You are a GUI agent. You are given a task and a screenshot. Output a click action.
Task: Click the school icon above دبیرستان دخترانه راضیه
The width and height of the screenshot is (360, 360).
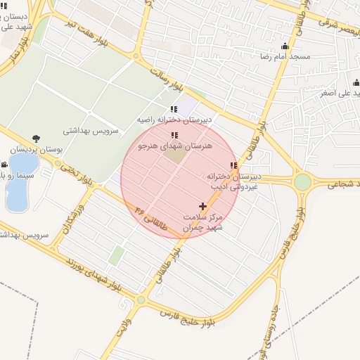[174, 109]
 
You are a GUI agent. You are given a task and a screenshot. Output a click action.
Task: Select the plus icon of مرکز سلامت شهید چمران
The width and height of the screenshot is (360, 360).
[203, 207]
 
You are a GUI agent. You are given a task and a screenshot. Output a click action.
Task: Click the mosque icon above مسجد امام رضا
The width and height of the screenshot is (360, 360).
[285, 46]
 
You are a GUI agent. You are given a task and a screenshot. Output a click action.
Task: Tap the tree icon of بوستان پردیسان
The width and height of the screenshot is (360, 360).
[36, 139]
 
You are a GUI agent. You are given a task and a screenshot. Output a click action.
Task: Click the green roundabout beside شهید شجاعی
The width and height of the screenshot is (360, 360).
[302, 182]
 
